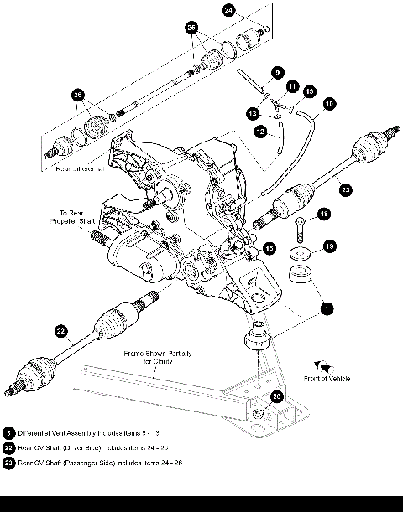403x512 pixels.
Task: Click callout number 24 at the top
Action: coord(230,11)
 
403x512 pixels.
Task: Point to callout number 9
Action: coord(278,72)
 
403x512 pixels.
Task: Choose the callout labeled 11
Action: coord(293,86)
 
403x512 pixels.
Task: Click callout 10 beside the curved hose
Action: coord(328,103)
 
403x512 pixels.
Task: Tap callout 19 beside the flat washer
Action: coord(329,246)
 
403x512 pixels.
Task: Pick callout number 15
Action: coord(269,248)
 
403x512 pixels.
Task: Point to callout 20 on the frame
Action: coord(278,397)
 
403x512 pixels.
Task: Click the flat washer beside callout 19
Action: coord(299,251)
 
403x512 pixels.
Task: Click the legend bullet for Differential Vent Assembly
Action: coord(9,432)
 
